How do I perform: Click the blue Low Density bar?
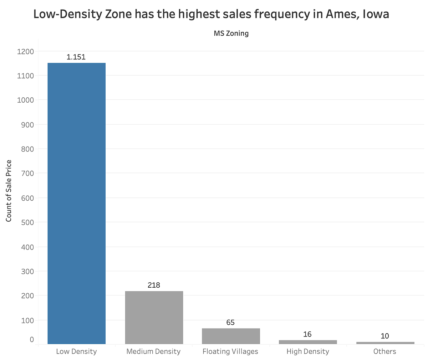coord(76,203)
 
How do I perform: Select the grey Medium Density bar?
coord(154,317)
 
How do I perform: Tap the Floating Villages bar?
coord(231,336)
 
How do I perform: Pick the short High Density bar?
coord(308,342)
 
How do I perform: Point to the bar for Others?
coord(385,343)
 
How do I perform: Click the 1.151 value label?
coord(76,57)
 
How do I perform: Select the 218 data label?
coord(154,285)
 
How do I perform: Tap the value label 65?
coord(230,322)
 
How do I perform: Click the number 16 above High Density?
coord(307,334)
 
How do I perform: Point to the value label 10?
coord(385,336)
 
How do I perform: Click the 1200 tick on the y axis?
coord(25,51)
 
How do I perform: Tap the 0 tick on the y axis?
coord(32,339)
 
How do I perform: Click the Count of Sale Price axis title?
coord(9,191)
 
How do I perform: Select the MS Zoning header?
coord(231,34)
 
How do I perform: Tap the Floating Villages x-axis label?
coord(230,351)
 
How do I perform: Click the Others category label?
coord(385,351)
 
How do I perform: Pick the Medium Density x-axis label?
coord(153,351)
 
